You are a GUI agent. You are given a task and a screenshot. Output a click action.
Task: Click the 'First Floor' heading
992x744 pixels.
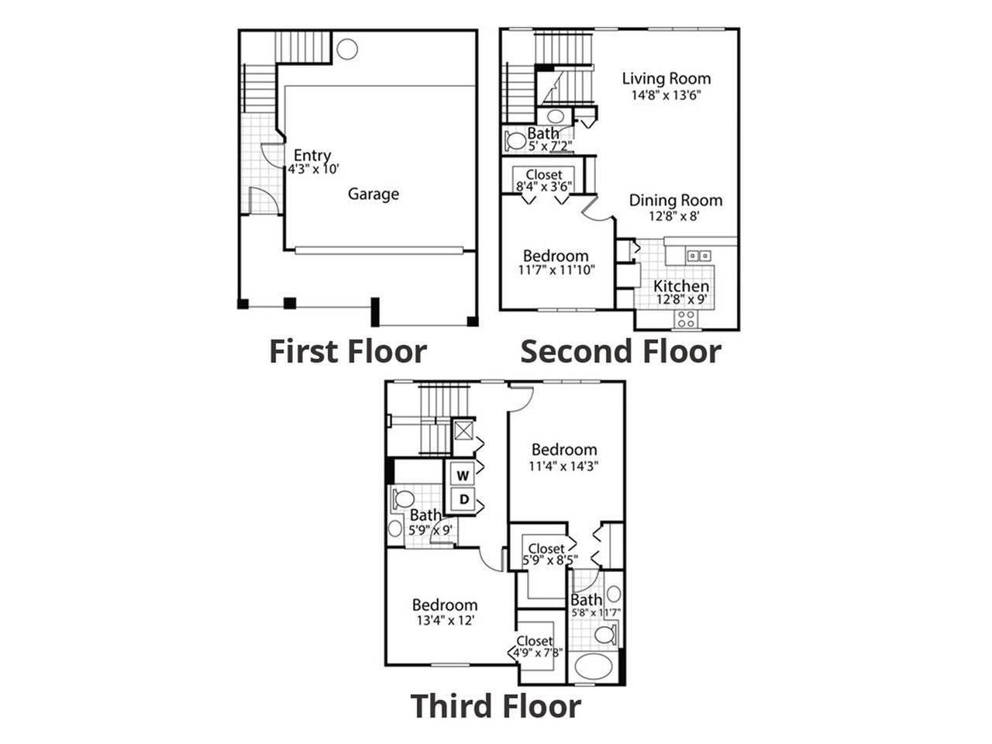click(347, 351)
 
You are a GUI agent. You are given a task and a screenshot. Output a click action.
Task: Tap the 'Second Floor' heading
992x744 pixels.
click(621, 351)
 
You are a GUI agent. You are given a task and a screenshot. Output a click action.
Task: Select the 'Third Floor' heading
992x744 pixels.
click(495, 706)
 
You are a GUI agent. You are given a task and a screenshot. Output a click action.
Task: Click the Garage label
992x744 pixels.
click(373, 194)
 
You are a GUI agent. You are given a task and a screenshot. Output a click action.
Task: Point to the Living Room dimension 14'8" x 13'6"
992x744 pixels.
click(666, 96)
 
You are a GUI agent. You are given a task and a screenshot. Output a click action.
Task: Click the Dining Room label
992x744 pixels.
click(675, 200)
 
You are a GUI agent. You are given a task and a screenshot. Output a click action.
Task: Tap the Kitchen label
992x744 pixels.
click(681, 286)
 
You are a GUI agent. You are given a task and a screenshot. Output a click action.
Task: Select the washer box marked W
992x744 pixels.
click(463, 474)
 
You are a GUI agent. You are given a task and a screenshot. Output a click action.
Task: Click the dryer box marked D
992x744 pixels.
click(463, 499)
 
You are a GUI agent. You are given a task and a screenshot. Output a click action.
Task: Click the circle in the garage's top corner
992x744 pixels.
click(347, 48)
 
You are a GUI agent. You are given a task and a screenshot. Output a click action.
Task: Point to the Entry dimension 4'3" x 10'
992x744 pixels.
click(314, 168)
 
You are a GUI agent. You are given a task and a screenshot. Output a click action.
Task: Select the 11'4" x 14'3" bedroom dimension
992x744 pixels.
click(564, 467)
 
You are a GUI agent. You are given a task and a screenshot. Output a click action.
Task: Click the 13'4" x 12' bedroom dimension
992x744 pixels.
click(444, 620)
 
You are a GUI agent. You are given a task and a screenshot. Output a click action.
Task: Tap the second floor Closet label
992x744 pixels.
click(544, 175)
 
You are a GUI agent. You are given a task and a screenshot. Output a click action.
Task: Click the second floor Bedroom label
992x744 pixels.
click(555, 256)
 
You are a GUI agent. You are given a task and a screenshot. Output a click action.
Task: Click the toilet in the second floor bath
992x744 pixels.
click(515, 141)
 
